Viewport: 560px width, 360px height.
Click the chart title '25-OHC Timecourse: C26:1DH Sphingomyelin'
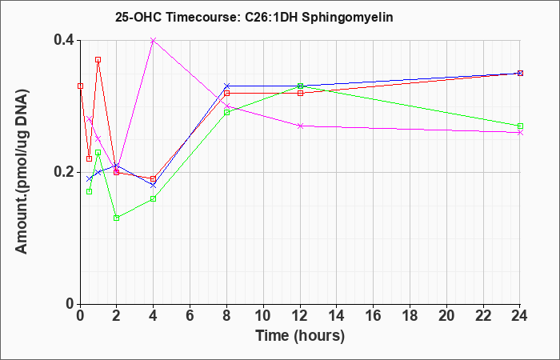click(254, 17)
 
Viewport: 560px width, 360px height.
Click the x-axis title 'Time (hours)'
click(300, 336)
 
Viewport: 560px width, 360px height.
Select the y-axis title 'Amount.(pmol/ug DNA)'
click(22, 171)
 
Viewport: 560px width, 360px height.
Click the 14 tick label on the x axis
click(337, 316)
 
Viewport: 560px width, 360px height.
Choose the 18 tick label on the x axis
click(410, 316)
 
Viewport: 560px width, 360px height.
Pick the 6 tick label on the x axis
click(190, 316)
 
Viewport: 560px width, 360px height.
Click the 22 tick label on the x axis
click(483, 316)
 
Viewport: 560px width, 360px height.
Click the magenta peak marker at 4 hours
click(154, 40)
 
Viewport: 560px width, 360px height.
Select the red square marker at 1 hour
click(98, 60)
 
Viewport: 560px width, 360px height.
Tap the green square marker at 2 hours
click(117, 218)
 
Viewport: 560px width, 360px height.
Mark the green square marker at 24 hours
click(520, 126)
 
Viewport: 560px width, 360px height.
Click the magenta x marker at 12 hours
click(300, 126)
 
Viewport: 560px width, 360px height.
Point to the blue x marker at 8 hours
click(226, 86)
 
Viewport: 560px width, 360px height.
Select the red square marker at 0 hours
click(80, 86)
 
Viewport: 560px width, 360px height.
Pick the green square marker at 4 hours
click(154, 198)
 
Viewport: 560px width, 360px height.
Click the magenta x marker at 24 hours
click(520, 133)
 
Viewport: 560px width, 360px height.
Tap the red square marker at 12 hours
click(300, 94)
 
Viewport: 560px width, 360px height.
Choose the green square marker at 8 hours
click(226, 113)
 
